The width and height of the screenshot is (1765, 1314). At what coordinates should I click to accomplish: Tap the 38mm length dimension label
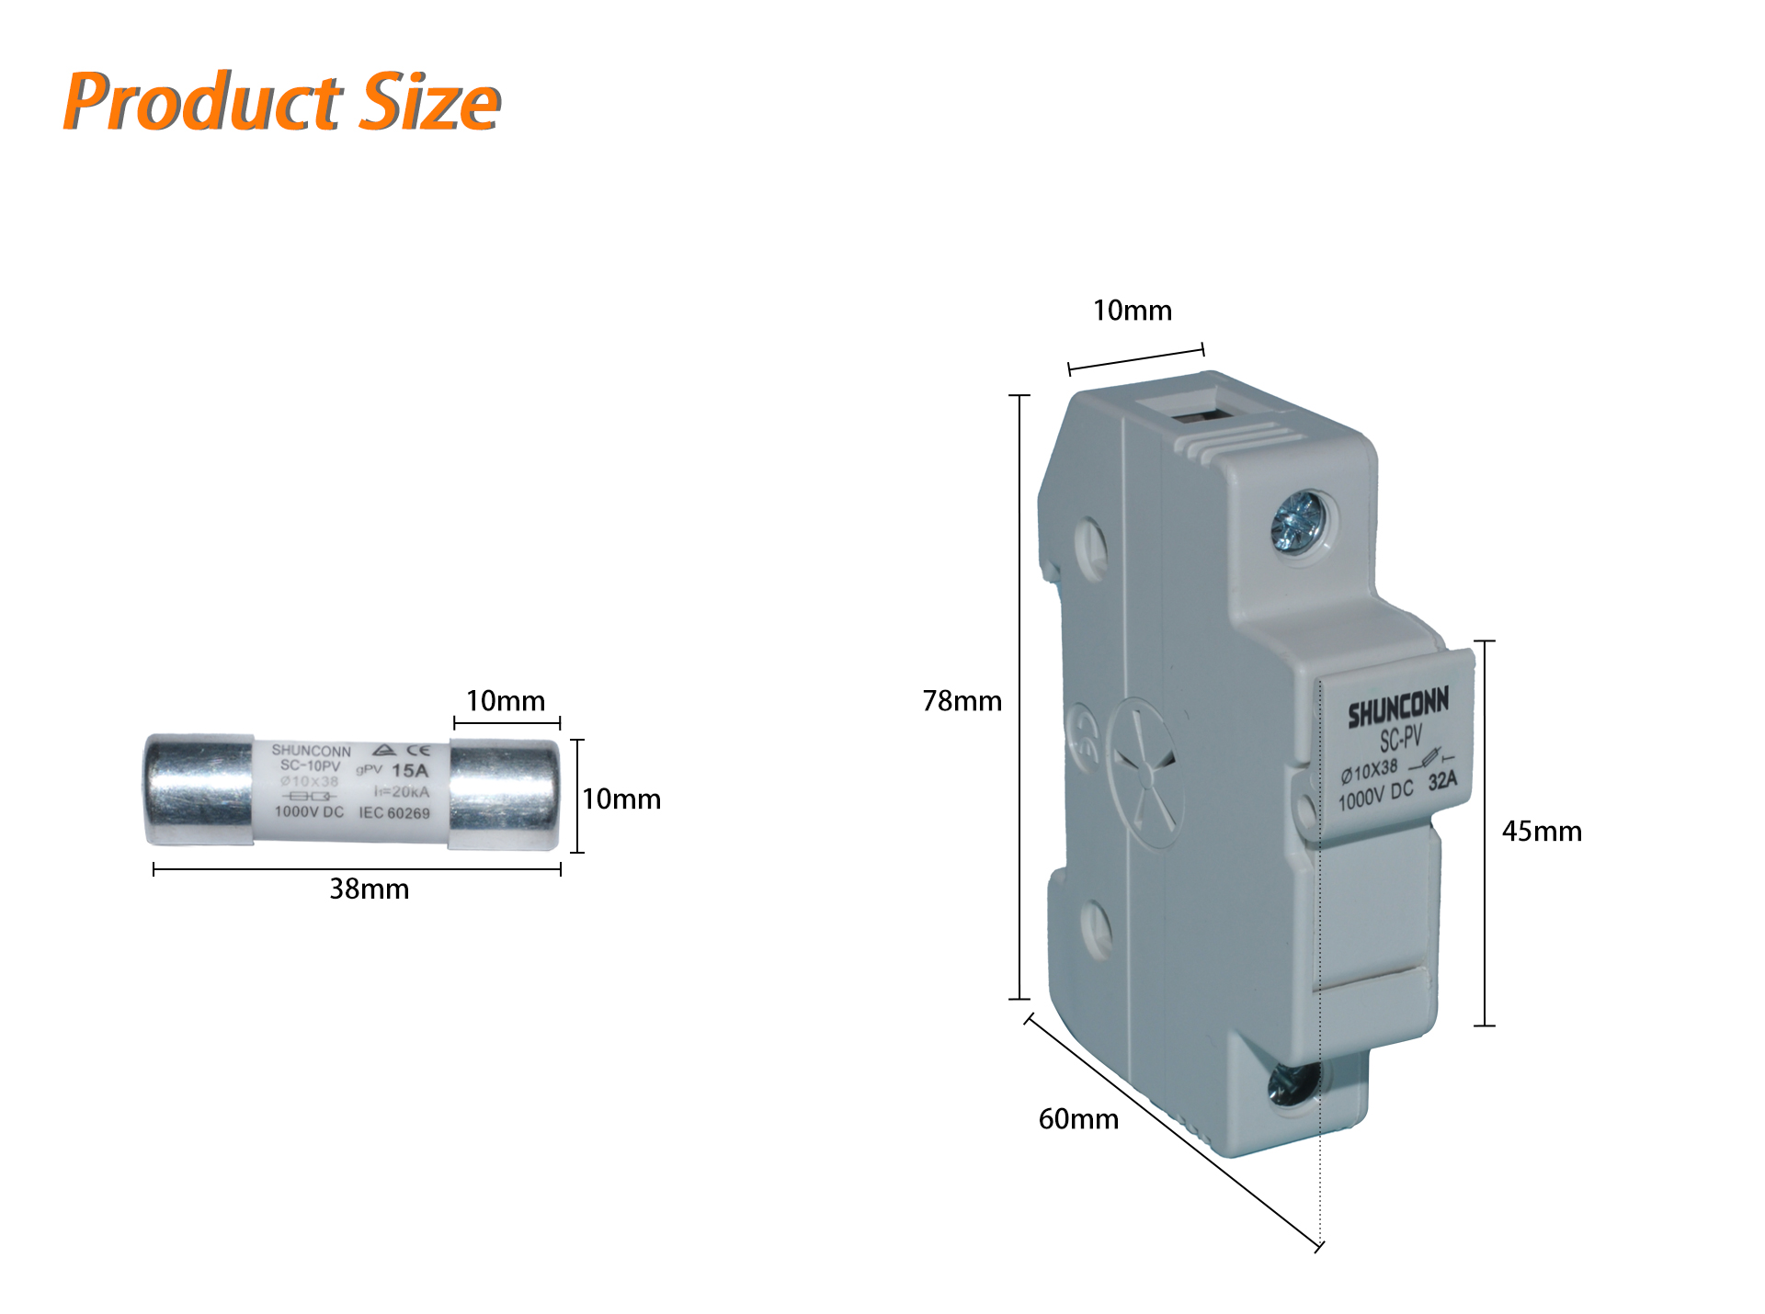click(x=369, y=889)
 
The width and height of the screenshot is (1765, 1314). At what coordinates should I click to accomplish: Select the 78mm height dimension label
click(x=962, y=701)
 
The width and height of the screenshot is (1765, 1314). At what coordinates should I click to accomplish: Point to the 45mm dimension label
click(x=1542, y=832)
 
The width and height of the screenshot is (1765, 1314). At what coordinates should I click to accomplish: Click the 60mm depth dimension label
click(x=1078, y=1119)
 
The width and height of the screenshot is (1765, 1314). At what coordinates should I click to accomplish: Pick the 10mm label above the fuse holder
click(x=1132, y=311)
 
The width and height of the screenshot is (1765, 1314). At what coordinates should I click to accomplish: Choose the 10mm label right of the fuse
click(x=621, y=799)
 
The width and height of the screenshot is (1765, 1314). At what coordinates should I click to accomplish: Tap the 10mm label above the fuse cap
click(x=505, y=701)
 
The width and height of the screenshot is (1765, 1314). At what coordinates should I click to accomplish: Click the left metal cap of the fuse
click(x=199, y=790)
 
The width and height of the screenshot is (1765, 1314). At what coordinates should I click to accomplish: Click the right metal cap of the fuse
click(x=505, y=794)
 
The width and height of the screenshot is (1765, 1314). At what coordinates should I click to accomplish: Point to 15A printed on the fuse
click(x=409, y=771)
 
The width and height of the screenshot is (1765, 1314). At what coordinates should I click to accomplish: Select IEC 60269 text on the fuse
click(x=393, y=813)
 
